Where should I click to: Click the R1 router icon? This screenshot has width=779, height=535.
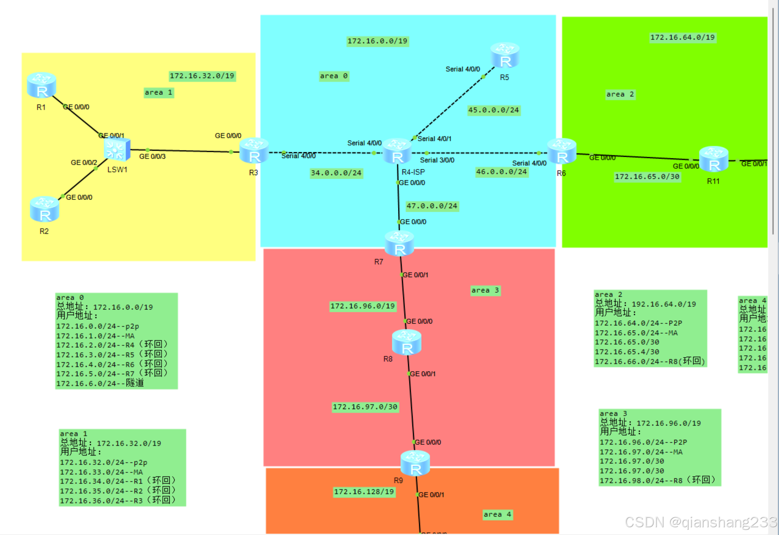click(x=41, y=85)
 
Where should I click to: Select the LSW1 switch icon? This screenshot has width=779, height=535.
click(x=117, y=150)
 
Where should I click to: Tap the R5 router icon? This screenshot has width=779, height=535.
click(x=505, y=55)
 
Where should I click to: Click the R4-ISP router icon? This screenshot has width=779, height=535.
click(x=397, y=151)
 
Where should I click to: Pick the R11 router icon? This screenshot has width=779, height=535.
click(x=713, y=159)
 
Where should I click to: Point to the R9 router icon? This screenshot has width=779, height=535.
click(x=415, y=463)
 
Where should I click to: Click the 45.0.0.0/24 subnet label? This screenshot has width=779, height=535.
click(x=493, y=110)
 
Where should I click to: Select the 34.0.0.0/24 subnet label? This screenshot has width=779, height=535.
click(x=336, y=173)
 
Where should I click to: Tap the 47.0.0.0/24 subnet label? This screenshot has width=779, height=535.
click(x=432, y=206)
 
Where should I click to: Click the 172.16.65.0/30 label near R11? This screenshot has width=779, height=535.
click(x=647, y=177)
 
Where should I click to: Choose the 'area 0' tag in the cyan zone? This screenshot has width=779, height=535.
click(x=333, y=76)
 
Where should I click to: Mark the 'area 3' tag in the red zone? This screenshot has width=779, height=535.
click(x=485, y=290)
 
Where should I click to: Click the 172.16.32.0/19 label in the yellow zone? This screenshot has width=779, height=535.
click(x=202, y=76)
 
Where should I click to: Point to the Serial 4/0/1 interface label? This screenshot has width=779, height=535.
click(x=434, y=139)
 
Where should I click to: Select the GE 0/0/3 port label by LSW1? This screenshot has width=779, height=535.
click(x=152, y=156)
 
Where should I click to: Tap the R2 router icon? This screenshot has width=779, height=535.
click(x=44, y=209)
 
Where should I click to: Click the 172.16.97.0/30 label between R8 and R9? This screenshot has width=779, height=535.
click(x=365, y=407)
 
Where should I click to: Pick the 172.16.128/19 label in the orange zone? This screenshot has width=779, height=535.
click(x=364, y=492)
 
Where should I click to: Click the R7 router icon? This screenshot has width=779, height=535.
click(x=399, y=243)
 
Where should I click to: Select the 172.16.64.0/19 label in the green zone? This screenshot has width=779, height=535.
click(x=682, y=37)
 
